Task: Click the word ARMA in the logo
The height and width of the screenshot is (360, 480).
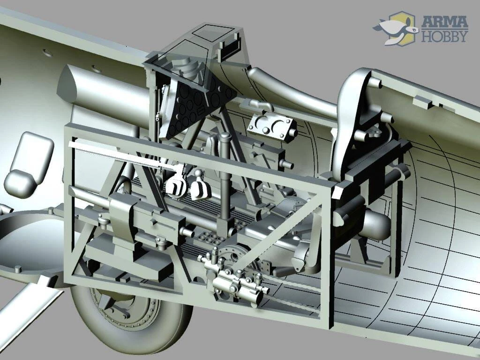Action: pos(444,22)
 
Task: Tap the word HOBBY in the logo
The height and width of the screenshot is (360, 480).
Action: pos(445,36)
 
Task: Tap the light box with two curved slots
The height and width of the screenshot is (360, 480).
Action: pos(271,126)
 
